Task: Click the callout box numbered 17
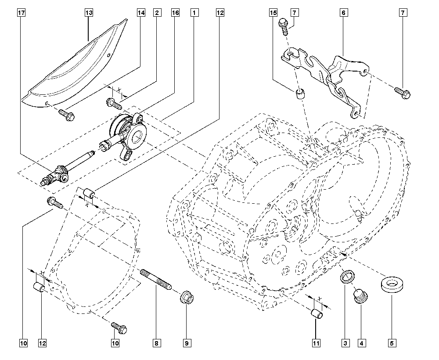pos(21,13)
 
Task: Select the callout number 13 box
pos(89,13)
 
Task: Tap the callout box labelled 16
pos(175,13)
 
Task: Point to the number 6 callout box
pos(344,13)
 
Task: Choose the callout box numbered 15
pos(273,13)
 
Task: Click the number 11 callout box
pos(316,343)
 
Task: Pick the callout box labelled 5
pos(392,343)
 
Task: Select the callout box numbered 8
pos(157,343)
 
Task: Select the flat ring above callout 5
pos(392,284)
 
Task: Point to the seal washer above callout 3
pos(347,277)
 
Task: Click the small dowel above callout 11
pos(317,313)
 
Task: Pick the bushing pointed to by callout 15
pos(300,94)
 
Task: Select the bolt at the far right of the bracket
pos(403,93)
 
